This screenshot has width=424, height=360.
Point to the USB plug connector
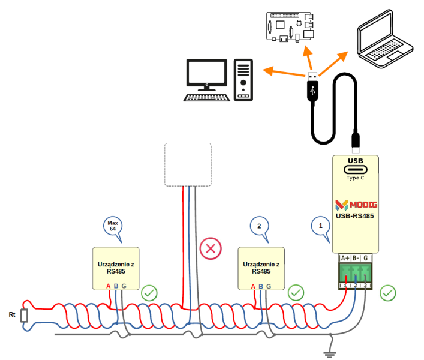coord(312,87)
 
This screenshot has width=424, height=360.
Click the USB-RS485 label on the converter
coord(356,217)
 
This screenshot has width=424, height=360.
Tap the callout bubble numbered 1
coord(321,227)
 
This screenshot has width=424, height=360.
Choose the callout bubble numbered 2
coord(258,227)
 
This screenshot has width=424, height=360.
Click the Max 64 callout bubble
coord(112,226)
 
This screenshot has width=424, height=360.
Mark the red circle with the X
coord(210,249)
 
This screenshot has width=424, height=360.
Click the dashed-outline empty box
coord(188,164)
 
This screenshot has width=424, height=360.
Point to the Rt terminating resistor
coord(24,315)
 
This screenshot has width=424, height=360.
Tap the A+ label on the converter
coord(345,258)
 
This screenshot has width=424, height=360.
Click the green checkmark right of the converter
coord(388,293)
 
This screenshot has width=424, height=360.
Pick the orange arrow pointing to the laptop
coord(333,62)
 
